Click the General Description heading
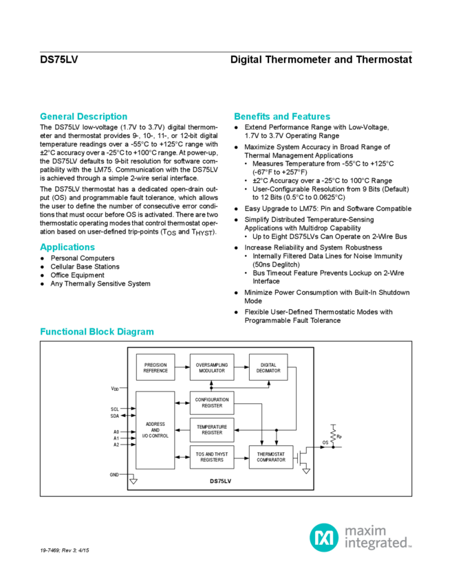[x=83, y=116]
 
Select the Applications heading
[x=67, y=247]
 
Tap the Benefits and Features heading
[x=282, y=116]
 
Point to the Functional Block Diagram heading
[x=96, y=332]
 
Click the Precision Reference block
[x=155, y=367]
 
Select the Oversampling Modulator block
[x=212, y=367]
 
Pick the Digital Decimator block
[x=267, y=367]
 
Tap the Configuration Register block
[x=212, y=403]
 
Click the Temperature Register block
[x=212, y=430]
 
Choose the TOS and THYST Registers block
[x=212, y=458]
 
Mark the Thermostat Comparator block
[x=271, y=458]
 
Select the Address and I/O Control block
[x=155, y=431]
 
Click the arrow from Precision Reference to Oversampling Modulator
[x=182, y=367]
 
